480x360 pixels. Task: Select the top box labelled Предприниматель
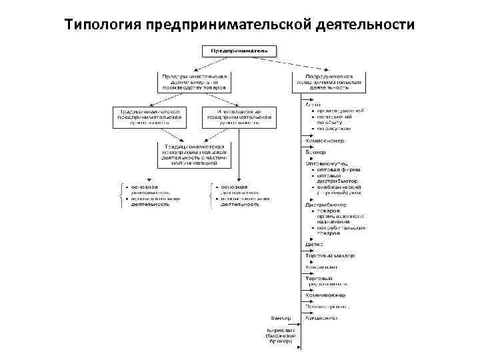239,50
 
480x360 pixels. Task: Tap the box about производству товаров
195,81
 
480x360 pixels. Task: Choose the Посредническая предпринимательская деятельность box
328,81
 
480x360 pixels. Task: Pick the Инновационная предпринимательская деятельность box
239,117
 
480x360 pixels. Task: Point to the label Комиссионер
325,141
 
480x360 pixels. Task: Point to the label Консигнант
322,267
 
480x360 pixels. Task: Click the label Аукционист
321,318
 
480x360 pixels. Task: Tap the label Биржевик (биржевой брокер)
281,335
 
